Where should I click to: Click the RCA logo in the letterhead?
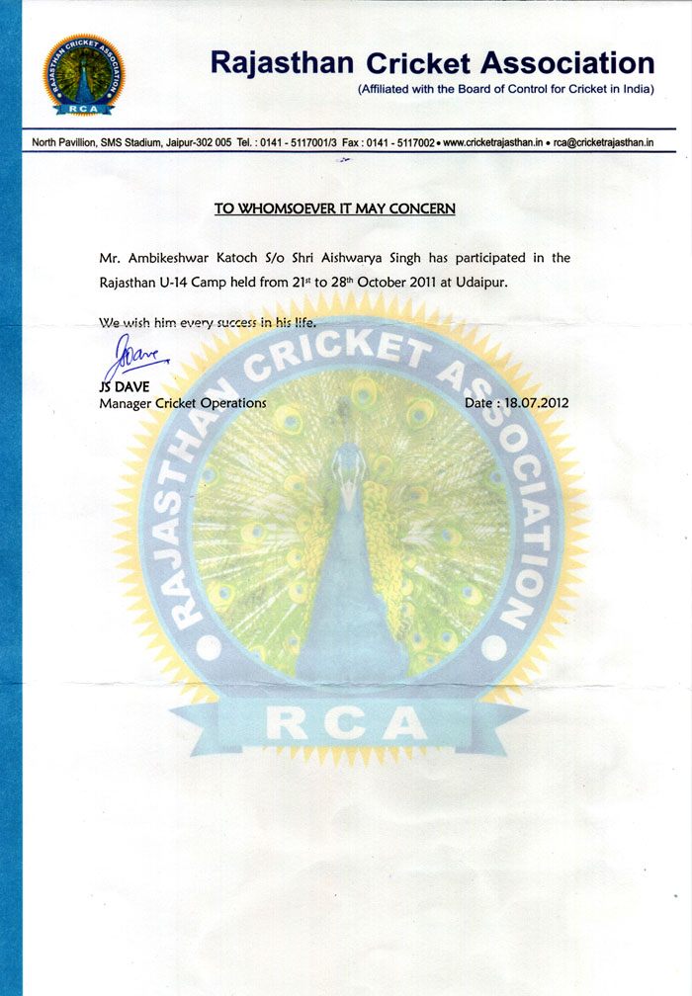pyautogui.click(x=84, y=75)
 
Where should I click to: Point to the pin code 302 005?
pyautogui.click(x=213, y=142)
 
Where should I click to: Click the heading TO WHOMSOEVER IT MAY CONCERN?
pyautogui.click(x=335, y=208)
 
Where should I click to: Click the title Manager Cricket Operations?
pyautogui.click(x=183, y=403)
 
